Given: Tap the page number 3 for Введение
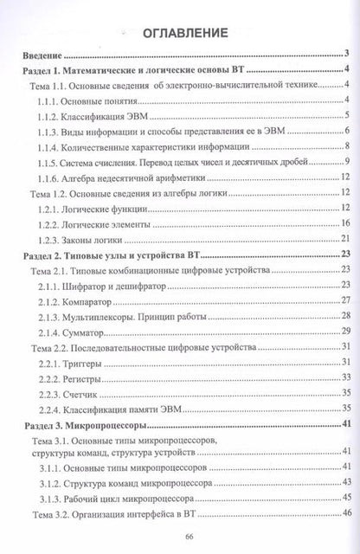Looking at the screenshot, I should pos(344,52).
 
